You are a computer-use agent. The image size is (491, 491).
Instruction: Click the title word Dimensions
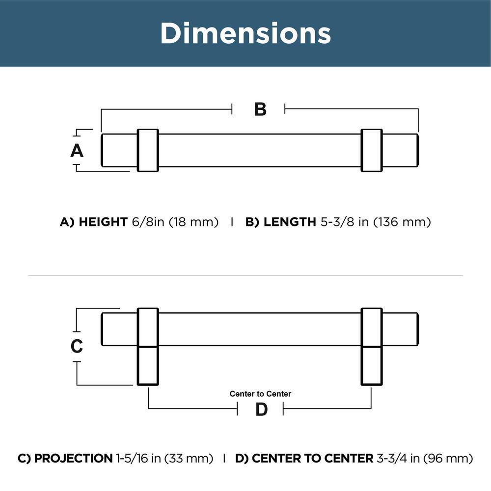245,33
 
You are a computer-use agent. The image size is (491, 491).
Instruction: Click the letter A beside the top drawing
77,150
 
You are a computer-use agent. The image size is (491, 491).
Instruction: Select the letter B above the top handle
260,109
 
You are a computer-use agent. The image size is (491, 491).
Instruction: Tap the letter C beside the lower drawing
77,346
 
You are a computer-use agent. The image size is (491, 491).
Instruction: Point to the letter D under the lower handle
261,409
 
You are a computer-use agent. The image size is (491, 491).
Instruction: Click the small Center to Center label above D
260,394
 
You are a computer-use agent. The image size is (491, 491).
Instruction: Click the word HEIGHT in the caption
103,222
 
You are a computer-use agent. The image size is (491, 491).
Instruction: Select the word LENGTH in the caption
290,222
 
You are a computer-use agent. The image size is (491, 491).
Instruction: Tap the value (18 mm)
194,222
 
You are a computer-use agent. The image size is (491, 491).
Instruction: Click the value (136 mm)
402,222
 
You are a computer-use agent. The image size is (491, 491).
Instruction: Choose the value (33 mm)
189,459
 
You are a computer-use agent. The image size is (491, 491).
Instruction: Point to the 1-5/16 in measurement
138,459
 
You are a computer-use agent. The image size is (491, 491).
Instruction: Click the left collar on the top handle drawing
148,150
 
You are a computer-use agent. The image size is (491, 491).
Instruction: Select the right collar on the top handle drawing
372,150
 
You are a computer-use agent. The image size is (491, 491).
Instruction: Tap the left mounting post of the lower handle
148,366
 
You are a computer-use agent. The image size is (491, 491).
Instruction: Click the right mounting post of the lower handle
372,366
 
